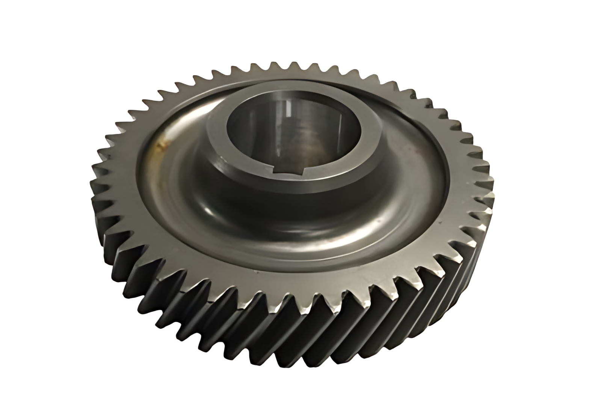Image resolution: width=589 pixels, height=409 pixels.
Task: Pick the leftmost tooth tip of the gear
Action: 91,184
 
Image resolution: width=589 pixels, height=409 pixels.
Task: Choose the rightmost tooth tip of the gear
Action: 493,195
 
